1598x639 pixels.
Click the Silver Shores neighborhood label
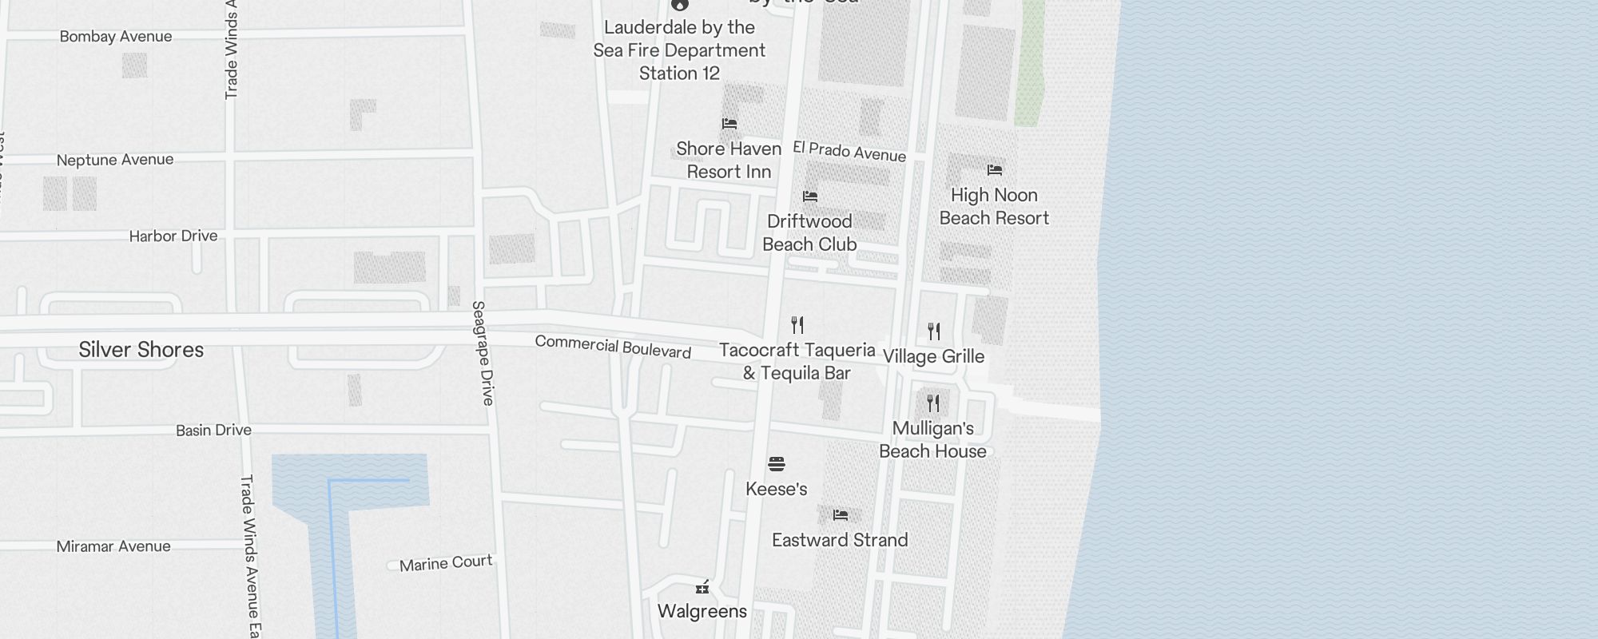point(141,350)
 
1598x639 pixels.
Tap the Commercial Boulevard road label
point(613,347)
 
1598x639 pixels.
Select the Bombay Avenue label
point(116,37)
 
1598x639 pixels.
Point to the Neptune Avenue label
point(115,160)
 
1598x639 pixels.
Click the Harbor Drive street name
point(173,236)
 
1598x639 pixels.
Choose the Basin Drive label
point(213,431)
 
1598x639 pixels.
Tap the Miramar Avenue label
point(113,546)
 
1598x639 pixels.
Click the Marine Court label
point(446,563)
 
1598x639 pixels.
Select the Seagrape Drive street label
point(483,353)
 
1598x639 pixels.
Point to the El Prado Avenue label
point(849,151)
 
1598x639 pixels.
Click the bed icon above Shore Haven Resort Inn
point(729,124)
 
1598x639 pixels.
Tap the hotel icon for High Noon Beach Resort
point(995,170)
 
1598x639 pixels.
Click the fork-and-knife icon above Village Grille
point(934,331)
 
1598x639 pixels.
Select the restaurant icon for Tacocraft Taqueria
point(797,325)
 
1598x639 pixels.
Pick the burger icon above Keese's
point(777,464)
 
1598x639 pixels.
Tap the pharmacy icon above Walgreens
point(702,588)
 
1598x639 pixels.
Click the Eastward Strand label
point(840,540)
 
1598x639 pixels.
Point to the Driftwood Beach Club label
point(809,232)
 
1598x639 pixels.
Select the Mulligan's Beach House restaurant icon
point(933,403)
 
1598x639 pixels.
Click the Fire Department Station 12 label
point(679,50)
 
